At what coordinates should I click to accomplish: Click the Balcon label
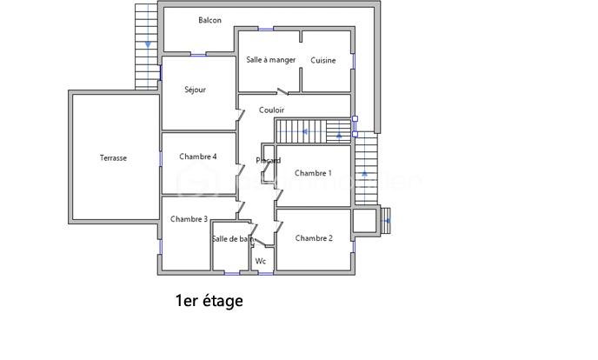click(x=209, y=20)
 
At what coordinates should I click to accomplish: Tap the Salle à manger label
click(x=270, y=60)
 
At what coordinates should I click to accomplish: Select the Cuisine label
click(x=323, y=61)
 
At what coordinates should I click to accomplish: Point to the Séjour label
click(x=195, y=90)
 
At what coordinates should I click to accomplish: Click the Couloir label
click(x=271, y=110)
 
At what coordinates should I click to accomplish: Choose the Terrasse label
click(x=113, y=158)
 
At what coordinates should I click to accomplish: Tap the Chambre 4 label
click(x=198, y=157)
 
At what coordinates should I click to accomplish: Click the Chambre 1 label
click(x=313, y=173)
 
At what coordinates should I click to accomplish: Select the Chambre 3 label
click(x=189, y=219)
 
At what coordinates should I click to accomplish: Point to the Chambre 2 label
click(x=314, y=238)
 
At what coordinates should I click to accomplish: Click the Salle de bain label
click(x=233, y=239)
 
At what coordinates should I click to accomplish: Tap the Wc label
click(x=260, y=261)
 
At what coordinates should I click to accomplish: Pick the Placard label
click(x=268, y=161)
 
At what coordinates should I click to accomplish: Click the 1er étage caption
click(x=209, y=302)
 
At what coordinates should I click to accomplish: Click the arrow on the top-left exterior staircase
click(x=149, y=43)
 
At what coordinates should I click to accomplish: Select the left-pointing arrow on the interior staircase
click(x=304, y=131)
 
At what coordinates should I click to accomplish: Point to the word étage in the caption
click(x=223, y=302)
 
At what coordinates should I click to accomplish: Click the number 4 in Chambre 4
click(x=214, y=157)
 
